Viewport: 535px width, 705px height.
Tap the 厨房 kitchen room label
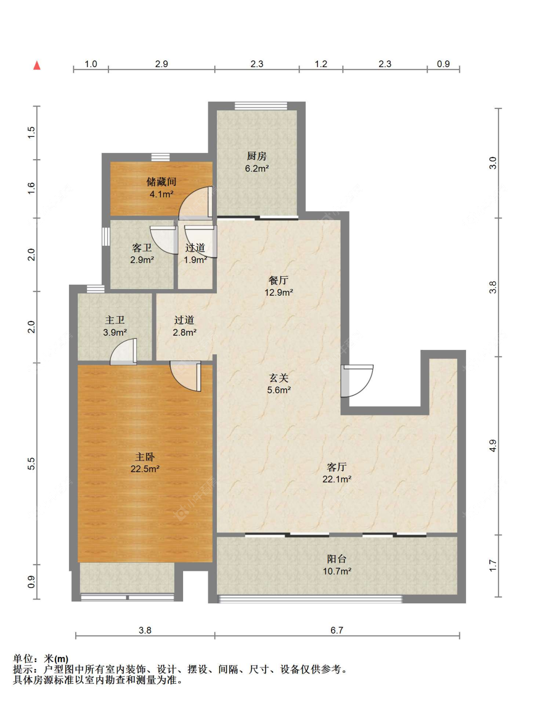tap(256, 156)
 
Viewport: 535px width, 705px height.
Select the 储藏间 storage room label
tap(161, 182)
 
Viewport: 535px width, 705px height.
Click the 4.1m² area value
tap(161, 194)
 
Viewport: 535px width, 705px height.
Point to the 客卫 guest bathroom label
tap(142, 248)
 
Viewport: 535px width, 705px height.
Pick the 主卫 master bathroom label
tap(115, 320)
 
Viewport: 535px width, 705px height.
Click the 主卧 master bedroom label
tap(145, 456)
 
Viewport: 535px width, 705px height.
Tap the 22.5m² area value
tap(145, 469)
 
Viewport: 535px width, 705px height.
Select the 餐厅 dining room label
tap(278, 280)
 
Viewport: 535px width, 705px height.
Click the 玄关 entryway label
tap(278, 378)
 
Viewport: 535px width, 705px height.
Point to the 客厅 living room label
tap(336, 467)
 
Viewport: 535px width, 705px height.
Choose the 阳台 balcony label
tap(336, 559)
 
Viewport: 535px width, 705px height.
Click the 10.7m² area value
tap(336, 571)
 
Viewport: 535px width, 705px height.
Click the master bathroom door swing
tap(123, 352)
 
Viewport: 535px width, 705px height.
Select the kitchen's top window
tap(261, 106)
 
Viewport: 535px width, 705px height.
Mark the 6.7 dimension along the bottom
tap(337, 630)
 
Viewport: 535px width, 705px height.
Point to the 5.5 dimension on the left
tap(31, 464)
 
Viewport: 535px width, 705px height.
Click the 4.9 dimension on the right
tap(493, 446)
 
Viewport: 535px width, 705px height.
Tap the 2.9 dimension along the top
tap(161, 64)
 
